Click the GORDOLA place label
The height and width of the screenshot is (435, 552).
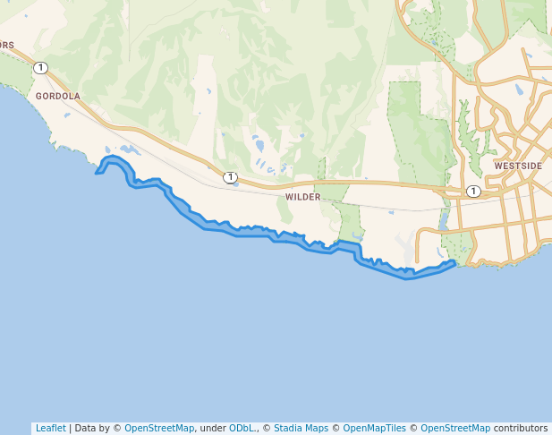point(58,96)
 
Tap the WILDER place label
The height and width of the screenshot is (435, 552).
point(302,196)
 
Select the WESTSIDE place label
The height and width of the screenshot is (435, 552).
point(518,166)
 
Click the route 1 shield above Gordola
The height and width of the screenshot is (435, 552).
point(40,68)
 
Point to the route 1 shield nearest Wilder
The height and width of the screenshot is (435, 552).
point(230,177)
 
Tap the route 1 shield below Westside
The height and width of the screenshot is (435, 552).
point(473,192)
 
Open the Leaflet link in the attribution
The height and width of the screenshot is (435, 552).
point(50,429)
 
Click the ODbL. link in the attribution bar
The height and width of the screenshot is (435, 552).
point(242,429)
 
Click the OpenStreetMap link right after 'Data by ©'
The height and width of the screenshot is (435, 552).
point(159,429)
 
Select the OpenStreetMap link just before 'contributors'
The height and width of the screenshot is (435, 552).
point(455,429)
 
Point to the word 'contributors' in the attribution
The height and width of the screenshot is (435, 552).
point(521,429)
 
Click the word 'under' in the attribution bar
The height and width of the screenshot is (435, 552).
point(212,429)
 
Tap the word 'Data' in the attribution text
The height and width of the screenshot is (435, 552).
point(87,429)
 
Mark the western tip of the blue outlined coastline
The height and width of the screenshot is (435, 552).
point(97,173)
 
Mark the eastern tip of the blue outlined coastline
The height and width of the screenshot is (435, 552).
point(455,263)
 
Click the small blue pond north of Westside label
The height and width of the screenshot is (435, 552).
point(519,90)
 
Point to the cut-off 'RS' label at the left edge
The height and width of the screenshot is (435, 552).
point(7,45)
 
